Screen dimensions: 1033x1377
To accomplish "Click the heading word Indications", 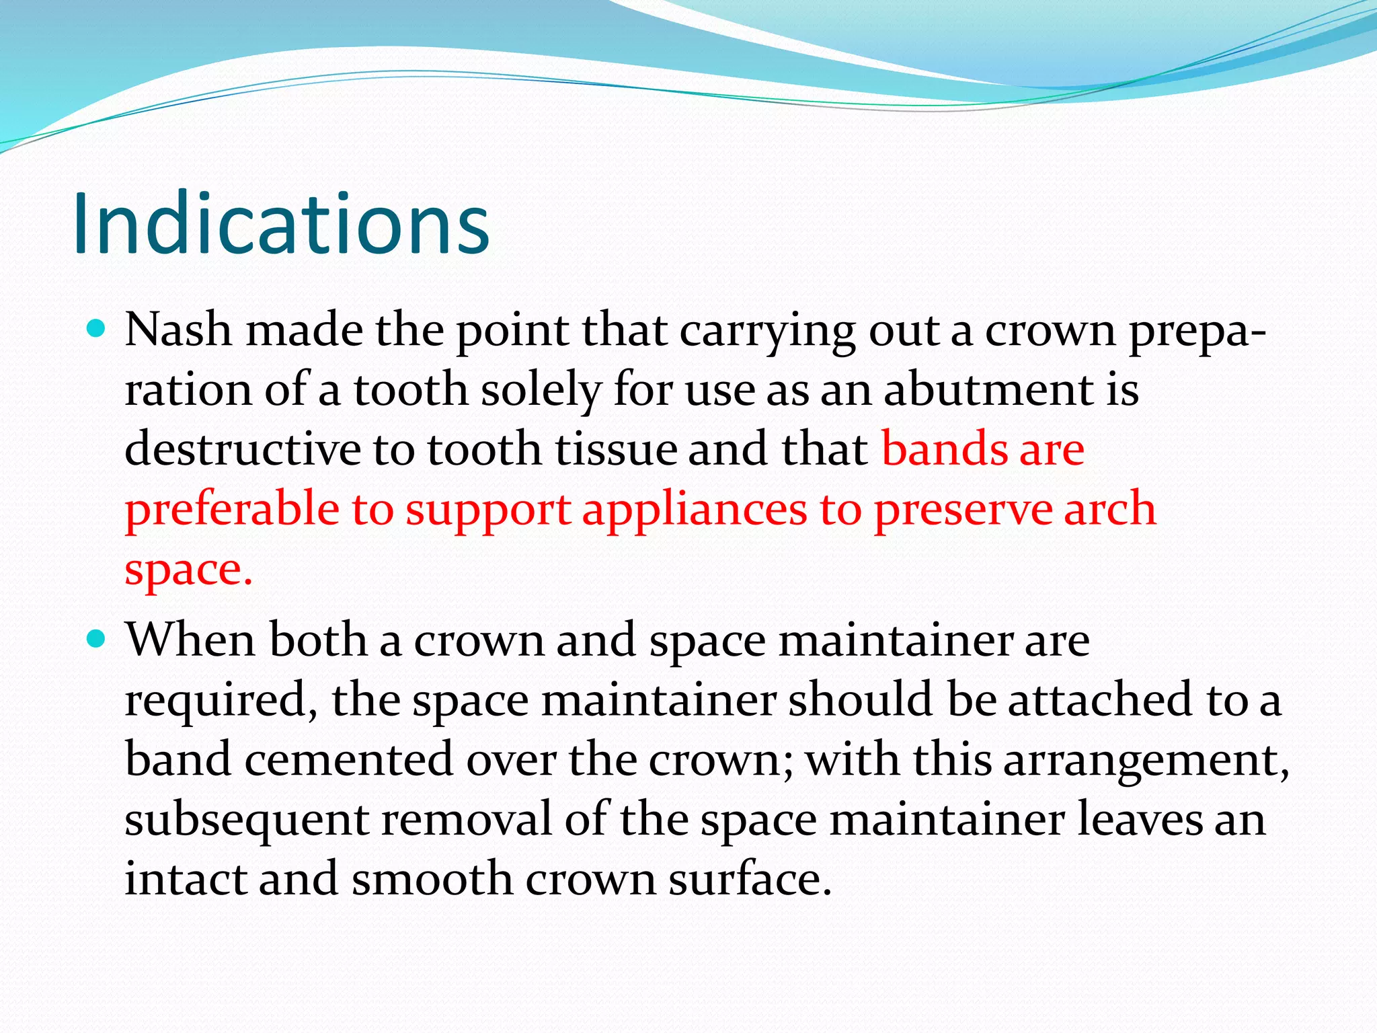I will (281, 224).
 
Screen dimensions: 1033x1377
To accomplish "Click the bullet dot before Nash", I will (97, 329).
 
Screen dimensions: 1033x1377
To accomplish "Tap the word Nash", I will (178, 330).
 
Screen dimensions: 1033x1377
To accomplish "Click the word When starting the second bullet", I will (191, 639).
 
